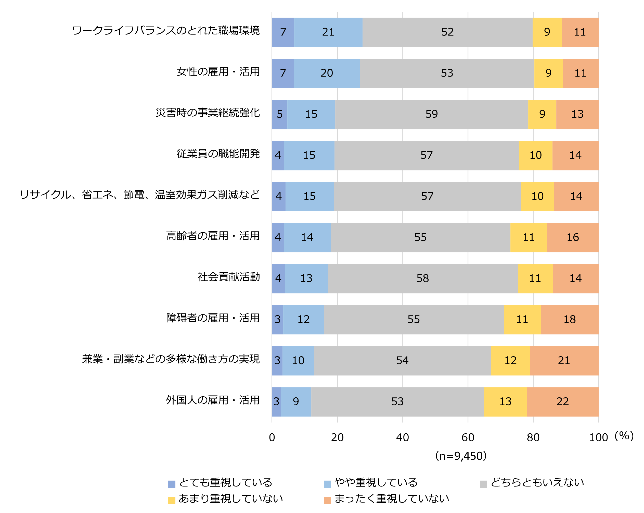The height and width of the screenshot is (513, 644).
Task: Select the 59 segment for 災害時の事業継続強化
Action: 431,114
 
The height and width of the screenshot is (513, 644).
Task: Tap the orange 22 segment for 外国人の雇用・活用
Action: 562,401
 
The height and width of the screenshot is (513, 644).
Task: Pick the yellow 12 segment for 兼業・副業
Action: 510,361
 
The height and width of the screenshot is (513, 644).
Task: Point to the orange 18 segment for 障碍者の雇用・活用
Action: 569,320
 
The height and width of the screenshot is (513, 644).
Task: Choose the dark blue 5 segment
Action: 280,114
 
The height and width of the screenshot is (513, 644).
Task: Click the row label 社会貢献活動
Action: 228,277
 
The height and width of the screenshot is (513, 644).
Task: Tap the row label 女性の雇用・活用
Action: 218,72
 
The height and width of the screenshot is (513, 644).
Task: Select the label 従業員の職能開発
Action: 218,154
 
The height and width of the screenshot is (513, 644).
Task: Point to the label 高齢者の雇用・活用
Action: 213,236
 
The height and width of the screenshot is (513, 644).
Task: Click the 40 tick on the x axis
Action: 402,438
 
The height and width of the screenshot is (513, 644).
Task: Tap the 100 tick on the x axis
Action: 598,438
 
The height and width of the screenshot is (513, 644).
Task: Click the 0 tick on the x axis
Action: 272,438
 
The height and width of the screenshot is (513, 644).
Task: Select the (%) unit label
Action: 624,436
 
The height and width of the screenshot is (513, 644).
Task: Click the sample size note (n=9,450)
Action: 461,456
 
